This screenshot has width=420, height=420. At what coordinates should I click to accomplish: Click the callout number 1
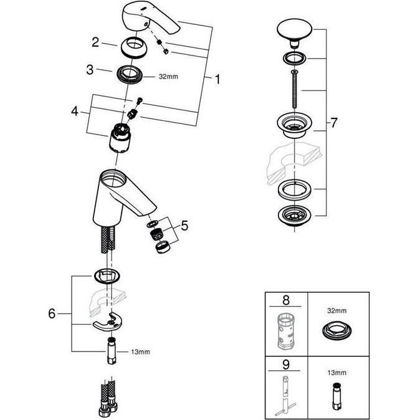(x=217, y=79)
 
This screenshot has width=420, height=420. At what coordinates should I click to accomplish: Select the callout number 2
(x=95, y=42)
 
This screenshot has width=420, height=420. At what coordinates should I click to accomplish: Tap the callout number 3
(x=90, y=70)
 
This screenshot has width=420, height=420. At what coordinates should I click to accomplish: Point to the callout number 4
(x=75, y=112)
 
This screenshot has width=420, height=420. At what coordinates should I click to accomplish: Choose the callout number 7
(x=333, y=123)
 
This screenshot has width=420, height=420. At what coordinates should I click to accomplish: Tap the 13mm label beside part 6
(x=140, y=352)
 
